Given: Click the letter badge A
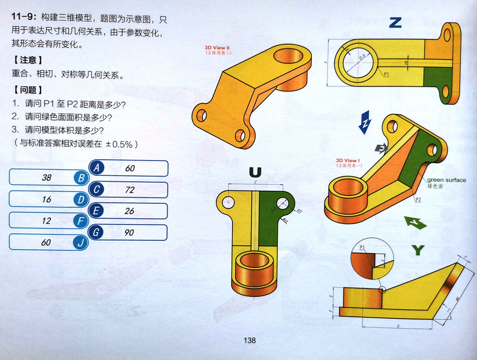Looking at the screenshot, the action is [97, 168].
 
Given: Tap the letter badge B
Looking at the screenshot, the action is [80, 178].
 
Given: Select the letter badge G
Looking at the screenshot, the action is [97, 232].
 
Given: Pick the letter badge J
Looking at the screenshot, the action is [80, 243].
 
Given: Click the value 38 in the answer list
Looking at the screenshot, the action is [47, 178].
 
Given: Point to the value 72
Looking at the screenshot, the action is [130, 190].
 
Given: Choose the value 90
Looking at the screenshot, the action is [130, 232].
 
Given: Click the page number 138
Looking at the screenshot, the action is [249, 340].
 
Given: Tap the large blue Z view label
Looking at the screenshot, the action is [395, 23].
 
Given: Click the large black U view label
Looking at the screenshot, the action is [255, 173].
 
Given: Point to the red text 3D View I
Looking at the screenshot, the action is [348, 161].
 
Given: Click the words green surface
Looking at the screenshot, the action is [447, 179].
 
